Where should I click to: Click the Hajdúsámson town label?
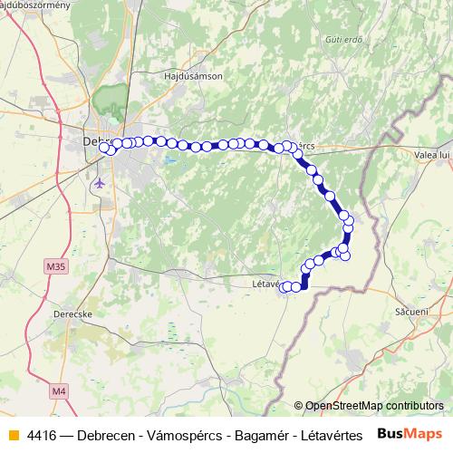tap(192, 77)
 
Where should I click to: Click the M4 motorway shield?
tap(59, 390)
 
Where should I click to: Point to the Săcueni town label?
tap(412, 310)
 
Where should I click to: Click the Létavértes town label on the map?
tap(265, 284)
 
